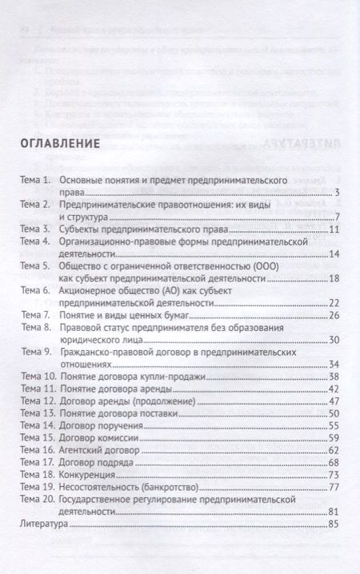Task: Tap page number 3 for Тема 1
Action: [x=339, y=192]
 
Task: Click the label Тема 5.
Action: [x=35, y=265]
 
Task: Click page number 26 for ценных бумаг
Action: [x=336, y=315]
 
